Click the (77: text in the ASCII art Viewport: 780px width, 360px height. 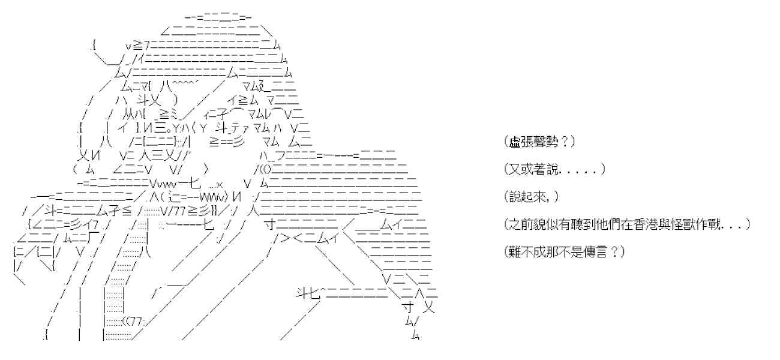(133, 322)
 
